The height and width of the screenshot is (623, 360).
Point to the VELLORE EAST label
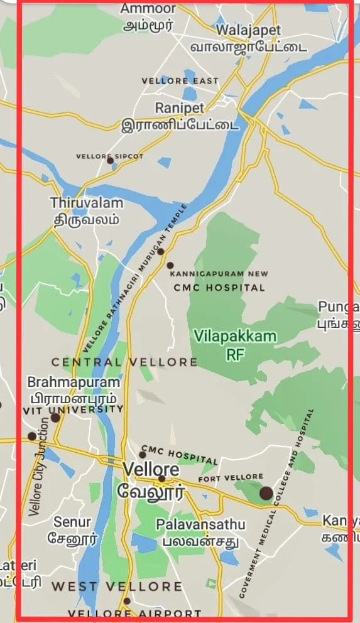180,81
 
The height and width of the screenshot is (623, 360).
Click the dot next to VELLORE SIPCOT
111,161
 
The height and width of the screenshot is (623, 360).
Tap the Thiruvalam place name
87,203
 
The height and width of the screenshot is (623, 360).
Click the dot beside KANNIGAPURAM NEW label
170,265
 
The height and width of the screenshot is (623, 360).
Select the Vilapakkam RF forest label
235,337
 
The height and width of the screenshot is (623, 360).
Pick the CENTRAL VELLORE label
124,362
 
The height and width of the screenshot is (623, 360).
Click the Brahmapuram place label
74,382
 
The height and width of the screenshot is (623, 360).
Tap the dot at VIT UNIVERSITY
55,418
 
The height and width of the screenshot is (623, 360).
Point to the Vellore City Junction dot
32,436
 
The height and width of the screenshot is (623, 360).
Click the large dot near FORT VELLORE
266,493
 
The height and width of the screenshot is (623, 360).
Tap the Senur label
72,522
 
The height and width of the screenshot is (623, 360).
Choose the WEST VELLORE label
117,587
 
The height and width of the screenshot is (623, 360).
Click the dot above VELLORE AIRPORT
127,601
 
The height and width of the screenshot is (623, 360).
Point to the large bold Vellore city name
151,469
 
